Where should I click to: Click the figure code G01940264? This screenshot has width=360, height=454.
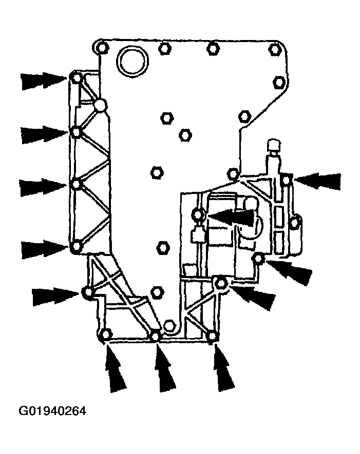(52, 411)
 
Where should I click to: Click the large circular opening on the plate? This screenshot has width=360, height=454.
(132, 62)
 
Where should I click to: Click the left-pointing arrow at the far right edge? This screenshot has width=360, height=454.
(317, 181)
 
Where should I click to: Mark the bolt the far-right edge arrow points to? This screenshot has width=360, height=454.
(286, 180)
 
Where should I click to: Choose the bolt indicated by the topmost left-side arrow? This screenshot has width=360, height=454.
(76, 78)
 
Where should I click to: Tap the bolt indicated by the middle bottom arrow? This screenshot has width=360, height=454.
(156, 336)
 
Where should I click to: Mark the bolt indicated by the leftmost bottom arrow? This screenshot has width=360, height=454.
(106, 334)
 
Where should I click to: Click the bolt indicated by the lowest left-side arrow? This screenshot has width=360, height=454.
(76, 247)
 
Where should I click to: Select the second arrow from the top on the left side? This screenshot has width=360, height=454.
(44, 134)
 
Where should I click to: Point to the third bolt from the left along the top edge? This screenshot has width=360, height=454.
(213, 48)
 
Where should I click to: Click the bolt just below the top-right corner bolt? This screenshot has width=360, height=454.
(279, 82)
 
